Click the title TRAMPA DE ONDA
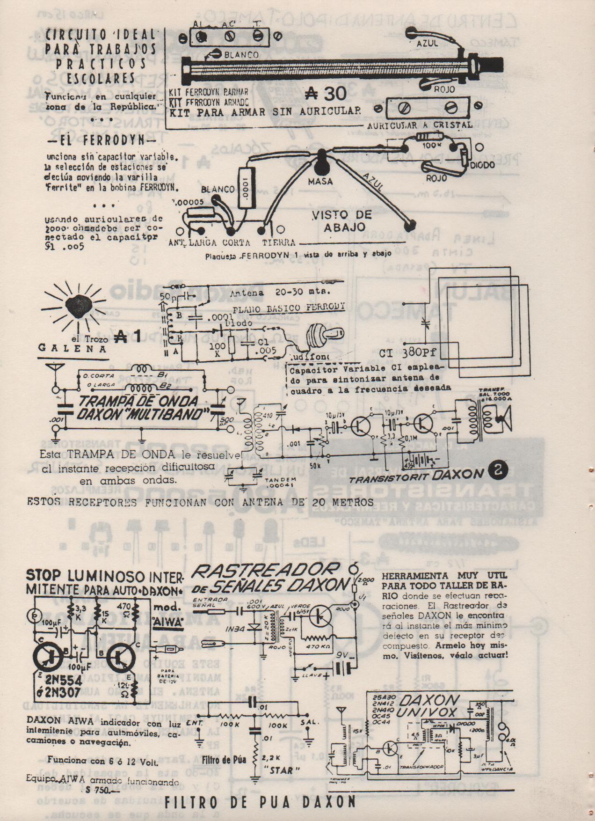pyautogui.click(x=132, y=402)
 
